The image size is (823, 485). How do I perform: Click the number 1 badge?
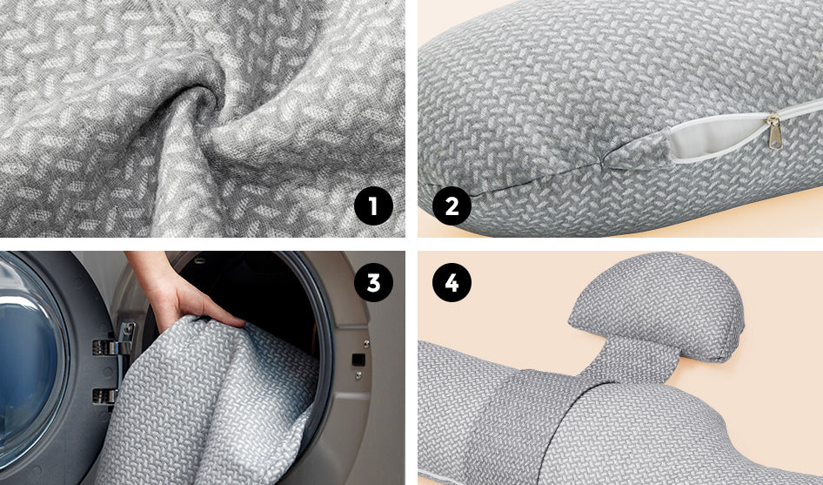click(x=373, y=206)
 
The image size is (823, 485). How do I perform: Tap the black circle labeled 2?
click(x=452, y=206)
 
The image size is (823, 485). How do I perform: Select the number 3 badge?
click(x=373, y=283)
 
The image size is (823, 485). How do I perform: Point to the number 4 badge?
click(x=452, y=283)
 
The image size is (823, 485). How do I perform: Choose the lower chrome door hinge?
click(x=105, y=396)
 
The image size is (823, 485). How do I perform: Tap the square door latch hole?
click(x=358, y=360)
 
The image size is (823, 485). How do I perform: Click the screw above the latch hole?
click(x=365, y=344)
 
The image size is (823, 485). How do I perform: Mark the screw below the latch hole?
click(x=358, y=375)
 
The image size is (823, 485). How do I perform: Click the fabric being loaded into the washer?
click(x=210, y=405)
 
